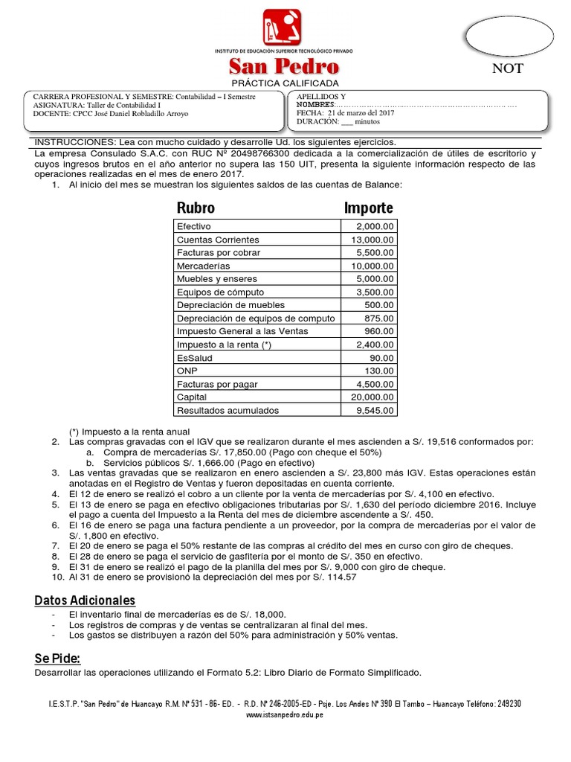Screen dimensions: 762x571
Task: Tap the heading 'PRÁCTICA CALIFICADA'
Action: click(x=284, y=83)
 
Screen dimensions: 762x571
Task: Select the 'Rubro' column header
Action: click(x=196, y=208)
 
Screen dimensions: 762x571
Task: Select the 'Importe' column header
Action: click(x=369, y=208)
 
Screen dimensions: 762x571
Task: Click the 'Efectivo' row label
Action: click(x=194, y=226)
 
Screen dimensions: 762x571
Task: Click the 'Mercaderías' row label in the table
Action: click(x=203, y=266)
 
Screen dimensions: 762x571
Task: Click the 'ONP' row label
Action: click(x=187, y=371)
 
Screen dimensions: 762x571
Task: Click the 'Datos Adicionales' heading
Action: click(x=85, y=600)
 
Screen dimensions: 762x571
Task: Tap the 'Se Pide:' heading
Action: click(x=57, y=659)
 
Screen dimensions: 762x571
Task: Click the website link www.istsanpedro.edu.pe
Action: click(x=284, y=715)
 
